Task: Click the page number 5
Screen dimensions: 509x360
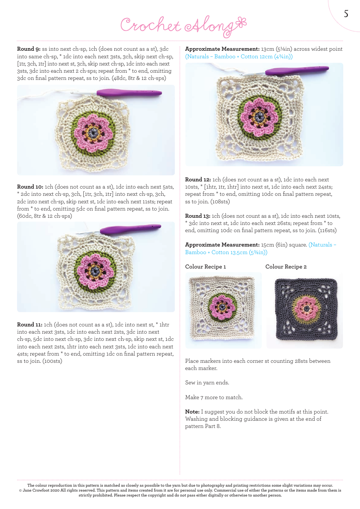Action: point(346,14)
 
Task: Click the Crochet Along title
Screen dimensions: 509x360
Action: point(183,25)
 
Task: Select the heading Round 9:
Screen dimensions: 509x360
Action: point(29,49)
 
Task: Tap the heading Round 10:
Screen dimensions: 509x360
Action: point(30,187)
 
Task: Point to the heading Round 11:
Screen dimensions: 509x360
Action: point(30,325)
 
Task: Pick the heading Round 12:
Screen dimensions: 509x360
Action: point(198,180)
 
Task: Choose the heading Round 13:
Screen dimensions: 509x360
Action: point(198,216)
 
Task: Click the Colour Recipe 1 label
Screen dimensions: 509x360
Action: point(205,267)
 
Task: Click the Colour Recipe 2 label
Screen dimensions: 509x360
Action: point(286,267)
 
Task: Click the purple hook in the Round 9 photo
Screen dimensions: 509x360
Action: point(129,92)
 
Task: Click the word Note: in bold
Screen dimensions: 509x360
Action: point(193,412)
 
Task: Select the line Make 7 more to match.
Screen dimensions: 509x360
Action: point(214,398)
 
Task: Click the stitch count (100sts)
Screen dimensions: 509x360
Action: point(52,361)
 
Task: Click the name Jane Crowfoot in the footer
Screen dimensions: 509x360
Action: point(37,490)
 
